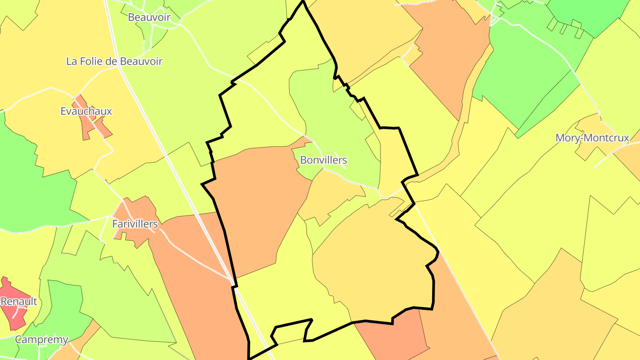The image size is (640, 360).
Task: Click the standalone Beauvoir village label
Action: coord(149,17)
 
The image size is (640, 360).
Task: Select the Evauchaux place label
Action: coord(86,111)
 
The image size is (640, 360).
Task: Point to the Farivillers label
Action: coord(135,224)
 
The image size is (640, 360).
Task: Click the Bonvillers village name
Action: coord(323,160)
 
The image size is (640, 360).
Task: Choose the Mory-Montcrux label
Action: coord(592,138)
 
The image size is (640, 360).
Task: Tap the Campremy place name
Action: coord(41,340)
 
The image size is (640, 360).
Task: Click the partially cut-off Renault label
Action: coord(19,301)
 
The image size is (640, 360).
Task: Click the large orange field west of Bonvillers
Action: coord(258,200)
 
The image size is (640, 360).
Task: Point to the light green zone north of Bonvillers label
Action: coord(329,111)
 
